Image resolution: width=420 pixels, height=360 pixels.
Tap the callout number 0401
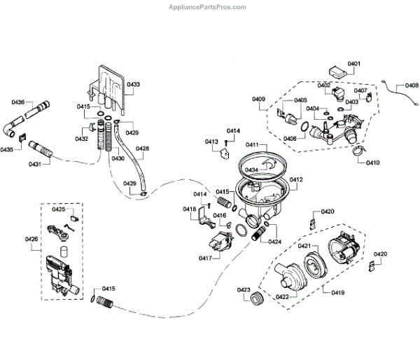pos(353,64)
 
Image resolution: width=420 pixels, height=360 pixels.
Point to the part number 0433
pos(132,84)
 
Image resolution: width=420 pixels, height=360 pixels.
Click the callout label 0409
pos(258,99)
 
